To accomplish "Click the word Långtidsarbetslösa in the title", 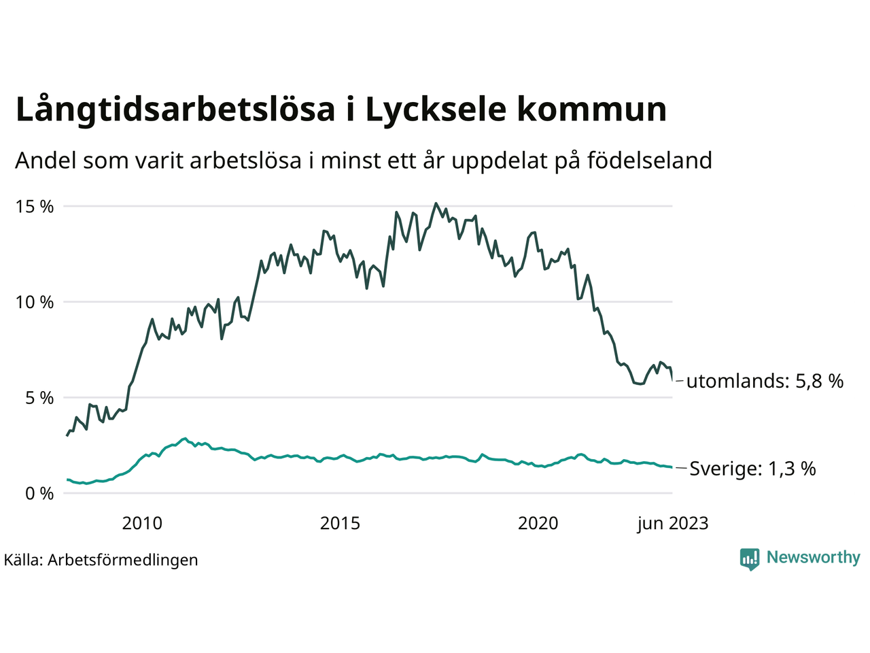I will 175,110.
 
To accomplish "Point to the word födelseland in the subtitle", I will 649,161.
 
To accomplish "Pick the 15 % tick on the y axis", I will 34,207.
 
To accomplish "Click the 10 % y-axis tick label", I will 34,302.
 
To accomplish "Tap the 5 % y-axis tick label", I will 39,398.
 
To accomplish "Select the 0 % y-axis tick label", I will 39,494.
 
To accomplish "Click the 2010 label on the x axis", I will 142,523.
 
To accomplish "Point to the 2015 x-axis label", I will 340,523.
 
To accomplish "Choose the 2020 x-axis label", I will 538,523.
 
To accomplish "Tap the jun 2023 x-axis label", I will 672,523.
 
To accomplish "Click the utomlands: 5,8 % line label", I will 765,381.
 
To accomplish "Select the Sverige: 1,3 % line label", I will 752,469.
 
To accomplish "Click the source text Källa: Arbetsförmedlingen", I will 101,560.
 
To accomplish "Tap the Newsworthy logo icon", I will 749,558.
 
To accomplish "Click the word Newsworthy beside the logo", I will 813,558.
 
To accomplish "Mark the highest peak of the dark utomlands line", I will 436,203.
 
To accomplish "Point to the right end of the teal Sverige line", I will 672,467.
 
